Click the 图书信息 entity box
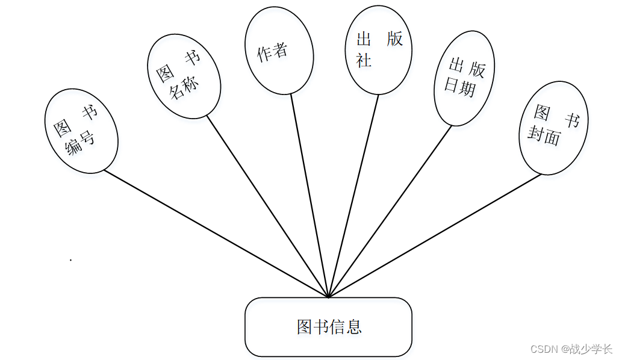(328, 327)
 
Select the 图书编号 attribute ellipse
(81, 131)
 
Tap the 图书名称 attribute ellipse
(184, 75)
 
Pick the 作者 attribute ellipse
(279, 51)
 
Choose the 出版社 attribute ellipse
(379, 51)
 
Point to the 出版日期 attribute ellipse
(464, 78)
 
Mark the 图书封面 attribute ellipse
(553, 129)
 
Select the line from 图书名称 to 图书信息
(268, 206)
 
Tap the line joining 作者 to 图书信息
(309, 195)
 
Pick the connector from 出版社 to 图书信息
(353, 196)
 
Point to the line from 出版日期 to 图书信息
(390, 211)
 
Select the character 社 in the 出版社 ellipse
(364, 60)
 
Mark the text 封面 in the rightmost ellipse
(544, 137)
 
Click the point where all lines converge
(328, 297)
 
